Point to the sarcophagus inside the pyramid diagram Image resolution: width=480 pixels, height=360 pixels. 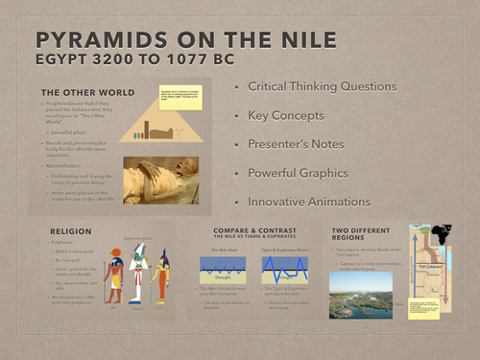point(161,132)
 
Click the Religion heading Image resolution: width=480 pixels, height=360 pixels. point(71,231)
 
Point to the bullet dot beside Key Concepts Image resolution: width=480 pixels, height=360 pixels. point(236,116)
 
